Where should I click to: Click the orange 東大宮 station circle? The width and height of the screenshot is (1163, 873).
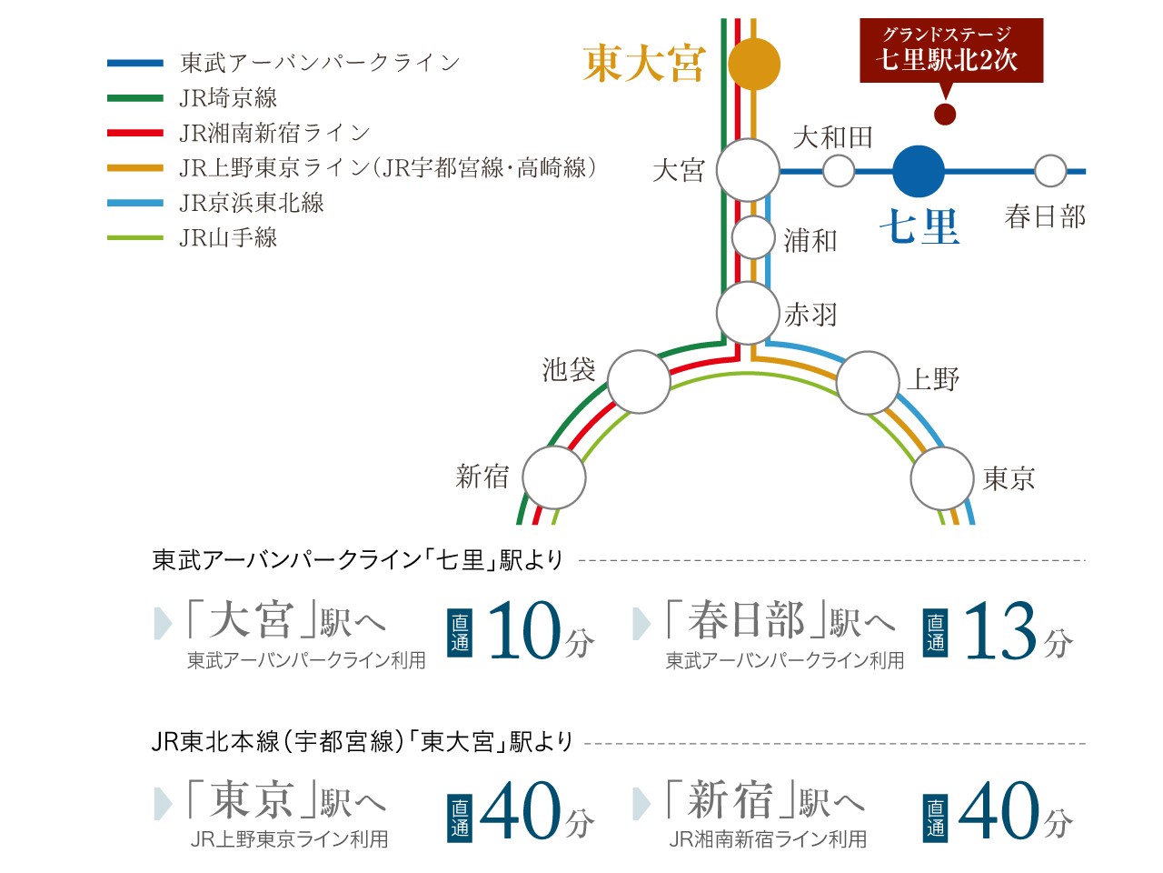[753, 65]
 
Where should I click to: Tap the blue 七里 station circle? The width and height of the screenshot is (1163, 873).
[919, 171]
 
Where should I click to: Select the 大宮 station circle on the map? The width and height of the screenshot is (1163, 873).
[748, 170]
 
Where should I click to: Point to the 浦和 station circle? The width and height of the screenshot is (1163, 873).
[753, 237]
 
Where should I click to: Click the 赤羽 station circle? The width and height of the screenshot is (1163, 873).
[748, 313]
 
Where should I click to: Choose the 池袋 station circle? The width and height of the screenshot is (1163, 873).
[639, 382]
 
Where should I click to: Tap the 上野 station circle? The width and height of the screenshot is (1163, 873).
[868, 383]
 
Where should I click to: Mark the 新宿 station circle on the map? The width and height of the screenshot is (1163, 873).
[553, 477]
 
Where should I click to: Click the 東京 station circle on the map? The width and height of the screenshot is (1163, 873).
[942, 478]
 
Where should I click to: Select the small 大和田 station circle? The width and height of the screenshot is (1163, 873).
[839, 171]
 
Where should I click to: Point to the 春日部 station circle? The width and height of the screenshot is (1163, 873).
[1050, 171]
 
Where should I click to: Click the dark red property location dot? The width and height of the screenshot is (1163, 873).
[945, 114]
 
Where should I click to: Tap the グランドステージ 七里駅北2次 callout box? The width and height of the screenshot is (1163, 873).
[951, 50]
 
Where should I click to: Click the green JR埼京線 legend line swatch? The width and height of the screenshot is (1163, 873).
[135, 98]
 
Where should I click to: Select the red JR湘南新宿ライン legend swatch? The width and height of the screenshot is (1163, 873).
[135, 133]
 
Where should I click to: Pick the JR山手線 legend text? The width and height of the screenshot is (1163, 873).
[228, 237]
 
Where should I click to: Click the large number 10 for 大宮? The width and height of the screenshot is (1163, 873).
[524, 630]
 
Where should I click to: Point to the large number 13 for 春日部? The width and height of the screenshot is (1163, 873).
[1000, 631]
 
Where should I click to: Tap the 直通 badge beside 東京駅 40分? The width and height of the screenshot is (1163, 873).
[460, 817]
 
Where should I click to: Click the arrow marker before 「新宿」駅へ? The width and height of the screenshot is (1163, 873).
[641, 803]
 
